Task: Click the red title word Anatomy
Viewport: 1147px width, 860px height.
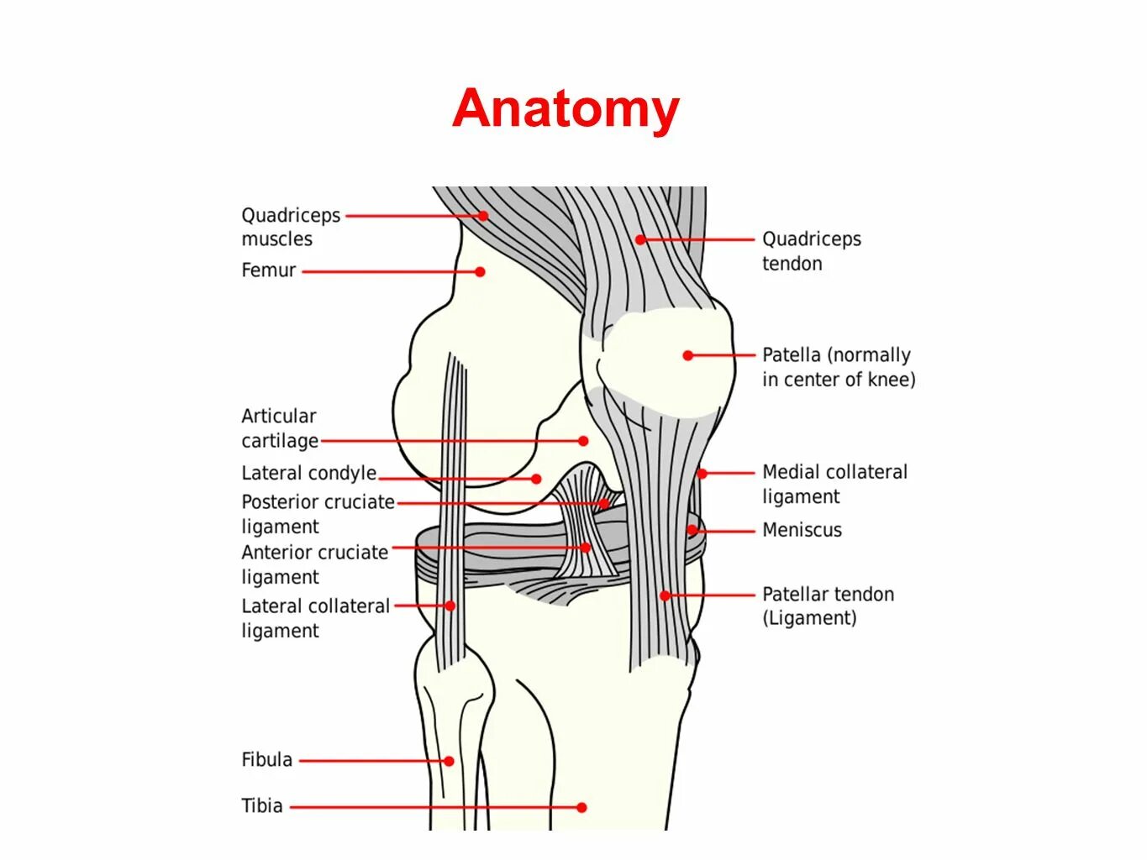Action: (566, 109)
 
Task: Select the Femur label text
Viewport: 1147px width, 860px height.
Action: (269, 270)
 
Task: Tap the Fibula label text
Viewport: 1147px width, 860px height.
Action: (267, 760)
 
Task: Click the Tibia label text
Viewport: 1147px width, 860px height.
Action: (262, 806)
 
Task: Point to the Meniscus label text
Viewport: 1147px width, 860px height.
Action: (802, 530)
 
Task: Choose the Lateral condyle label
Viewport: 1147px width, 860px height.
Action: (308, 474)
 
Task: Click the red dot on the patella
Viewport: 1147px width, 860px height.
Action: (688, 355)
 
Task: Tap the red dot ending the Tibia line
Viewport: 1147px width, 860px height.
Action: (581, 807)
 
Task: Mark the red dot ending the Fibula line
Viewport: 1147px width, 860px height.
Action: (450, 761)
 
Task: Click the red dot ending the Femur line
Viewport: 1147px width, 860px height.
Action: (480, 271)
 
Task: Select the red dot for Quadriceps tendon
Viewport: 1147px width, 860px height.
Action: (640, 239)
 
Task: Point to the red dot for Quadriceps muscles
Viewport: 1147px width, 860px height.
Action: (484, 216)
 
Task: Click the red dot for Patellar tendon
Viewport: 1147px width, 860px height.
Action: (664, 595)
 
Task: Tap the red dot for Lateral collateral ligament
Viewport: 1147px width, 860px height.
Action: (450, 606)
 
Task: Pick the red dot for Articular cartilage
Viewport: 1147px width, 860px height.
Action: (583, 441)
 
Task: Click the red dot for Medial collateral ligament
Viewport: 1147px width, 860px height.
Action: (702, 474)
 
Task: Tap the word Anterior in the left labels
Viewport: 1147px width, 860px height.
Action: (278, 553)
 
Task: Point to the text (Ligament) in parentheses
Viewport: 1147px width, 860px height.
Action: (809, 619)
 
